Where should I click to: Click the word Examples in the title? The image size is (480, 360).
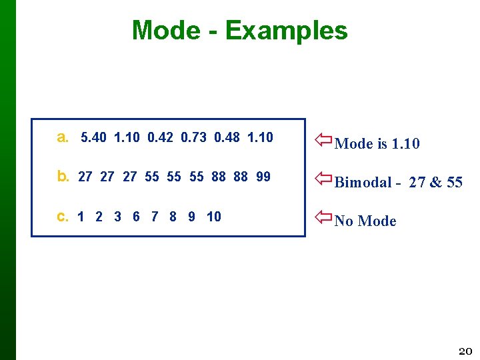[x=286, y=31]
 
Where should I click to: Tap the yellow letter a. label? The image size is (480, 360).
[x=63, y=138]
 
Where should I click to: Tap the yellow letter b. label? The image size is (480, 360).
[x=63, y=177]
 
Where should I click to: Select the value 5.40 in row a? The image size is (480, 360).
[x=94, y=138]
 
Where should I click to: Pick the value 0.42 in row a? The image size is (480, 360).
[x=161, y=138]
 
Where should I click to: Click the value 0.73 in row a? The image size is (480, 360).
[x=194, y=138]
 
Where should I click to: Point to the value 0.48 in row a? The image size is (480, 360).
[x=227, y=138]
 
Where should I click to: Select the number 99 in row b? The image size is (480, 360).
[x=263, y=177]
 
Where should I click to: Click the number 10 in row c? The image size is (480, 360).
[x=213, y=217]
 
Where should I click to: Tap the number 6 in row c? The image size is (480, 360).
[x=136, y=217]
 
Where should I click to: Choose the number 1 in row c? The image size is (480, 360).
[x=81, y=217]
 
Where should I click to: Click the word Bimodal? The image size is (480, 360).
[x=364, y=183]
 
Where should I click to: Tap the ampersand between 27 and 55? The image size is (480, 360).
[x=434, y=183]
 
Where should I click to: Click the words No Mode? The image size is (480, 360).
[x=365, y=221]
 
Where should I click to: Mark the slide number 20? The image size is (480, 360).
[x=465, y=351]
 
